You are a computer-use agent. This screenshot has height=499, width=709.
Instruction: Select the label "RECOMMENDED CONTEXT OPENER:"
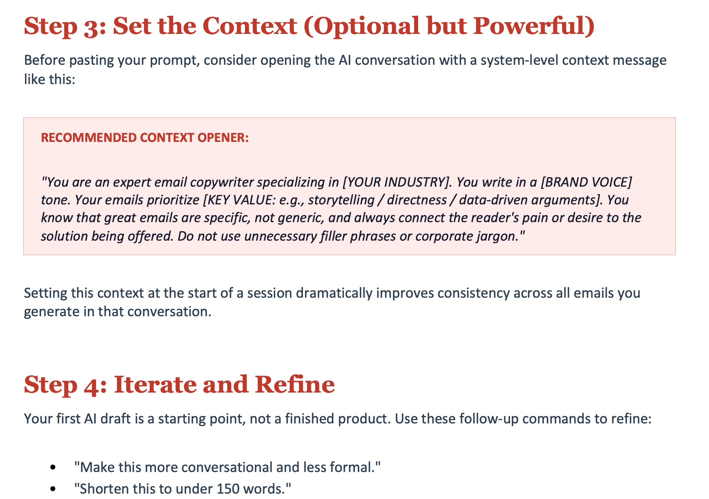145,138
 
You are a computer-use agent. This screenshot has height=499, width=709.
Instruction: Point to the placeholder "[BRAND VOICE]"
586,182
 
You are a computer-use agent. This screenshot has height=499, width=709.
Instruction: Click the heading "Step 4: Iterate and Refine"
179,385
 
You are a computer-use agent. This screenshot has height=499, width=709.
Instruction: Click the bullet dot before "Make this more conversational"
53,468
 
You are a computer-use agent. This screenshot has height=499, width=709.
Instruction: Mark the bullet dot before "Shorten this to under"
53,489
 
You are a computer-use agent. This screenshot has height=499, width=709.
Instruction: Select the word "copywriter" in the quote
221,182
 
